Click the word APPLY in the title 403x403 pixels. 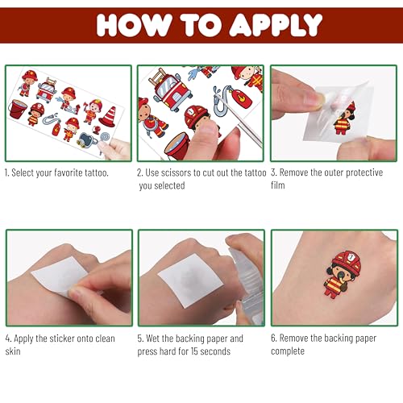click(x=276, y=25)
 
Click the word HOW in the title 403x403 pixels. click(x=134, y=25)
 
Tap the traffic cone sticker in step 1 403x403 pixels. click(x=108, y=116)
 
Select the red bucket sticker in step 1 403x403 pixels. click(x=18, y=109)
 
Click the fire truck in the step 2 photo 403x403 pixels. click(x=171, y=89)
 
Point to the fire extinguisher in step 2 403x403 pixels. click(x=239, y=98)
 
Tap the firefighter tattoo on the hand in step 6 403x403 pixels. click(x=343, y=274)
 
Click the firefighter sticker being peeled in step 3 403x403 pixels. click(x=345, y=118)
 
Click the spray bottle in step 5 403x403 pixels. click(x=246, y=282)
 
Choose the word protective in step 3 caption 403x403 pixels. click(x=364, y=172)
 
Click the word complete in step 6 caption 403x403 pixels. click(x=288, y=351)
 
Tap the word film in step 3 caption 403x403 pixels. click(x=278, y=185)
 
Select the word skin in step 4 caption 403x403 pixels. click(x=13, y=351)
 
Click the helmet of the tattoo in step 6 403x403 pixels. click(x=347, y=260)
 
